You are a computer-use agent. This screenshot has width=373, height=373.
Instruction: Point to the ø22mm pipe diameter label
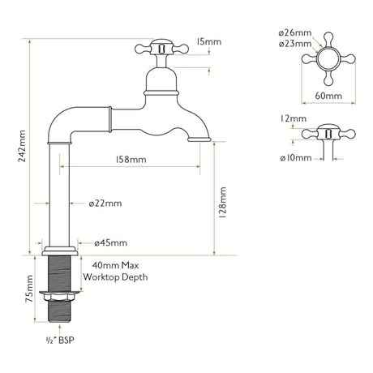pyautogui.click(x=96, y=203)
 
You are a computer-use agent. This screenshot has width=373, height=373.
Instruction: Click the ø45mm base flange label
pyautogui.click(x=110, y=242)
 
